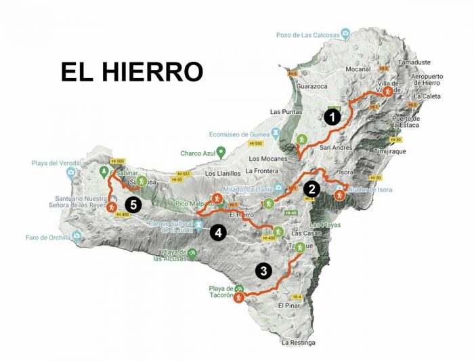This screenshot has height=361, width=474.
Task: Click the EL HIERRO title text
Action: [x=131, y=72]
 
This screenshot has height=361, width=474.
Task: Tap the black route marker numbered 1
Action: [x=332, y=117]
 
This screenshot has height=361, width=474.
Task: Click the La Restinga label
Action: [x=298, y=343]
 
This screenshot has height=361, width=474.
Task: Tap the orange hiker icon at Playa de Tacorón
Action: [x=238, y=297]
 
